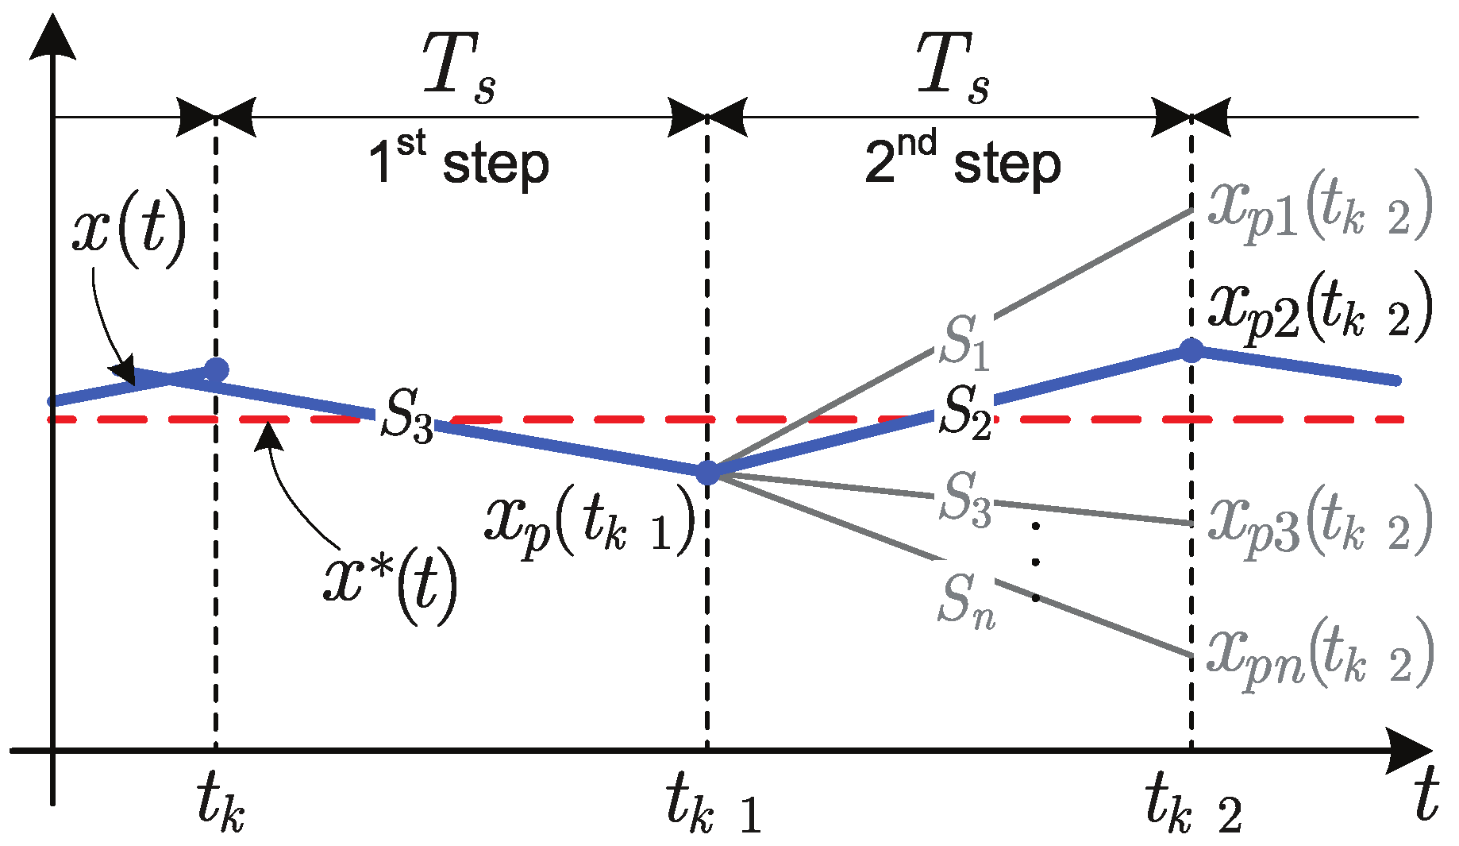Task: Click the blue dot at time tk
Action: [x=216, y=369]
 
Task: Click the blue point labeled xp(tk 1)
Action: [x=706, y=473]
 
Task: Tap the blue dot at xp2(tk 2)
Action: [x=1191, y=350]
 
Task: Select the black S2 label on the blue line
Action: [x=965, y=411]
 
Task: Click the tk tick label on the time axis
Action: [x=221, y=804]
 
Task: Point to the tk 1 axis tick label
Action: [x=713, y=805]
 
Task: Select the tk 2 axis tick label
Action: [x=1193, y=805]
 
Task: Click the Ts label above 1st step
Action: [x=459, y=69]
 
